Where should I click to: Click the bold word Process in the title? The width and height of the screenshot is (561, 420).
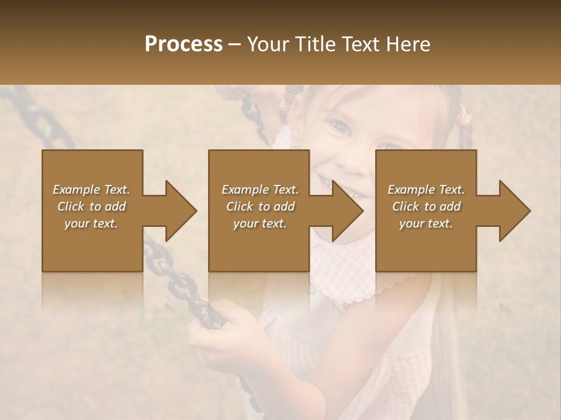pos(183,45)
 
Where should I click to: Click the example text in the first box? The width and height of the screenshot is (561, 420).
pos(91,206)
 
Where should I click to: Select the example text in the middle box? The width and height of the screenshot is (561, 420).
pos(260,206)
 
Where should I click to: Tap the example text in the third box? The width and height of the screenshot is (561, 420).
pos(426,206)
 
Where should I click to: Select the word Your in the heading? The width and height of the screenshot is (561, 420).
pos(268,44)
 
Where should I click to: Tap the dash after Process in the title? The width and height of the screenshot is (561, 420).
pos(235,45)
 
